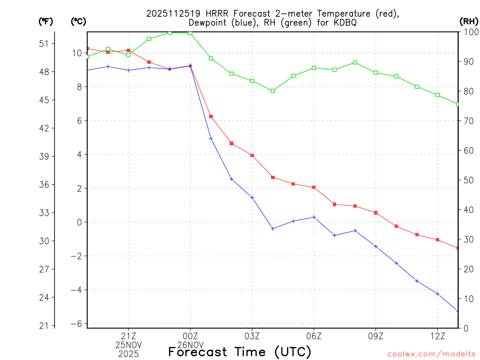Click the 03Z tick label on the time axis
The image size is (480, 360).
coord(252,336)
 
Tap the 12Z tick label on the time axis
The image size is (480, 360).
coord(437,336)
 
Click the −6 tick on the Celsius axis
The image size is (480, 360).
coord(77,324)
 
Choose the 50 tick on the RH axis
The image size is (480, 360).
coord(467,180)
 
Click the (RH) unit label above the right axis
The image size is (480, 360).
coord(469,21)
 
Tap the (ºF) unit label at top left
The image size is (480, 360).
coord(46,21)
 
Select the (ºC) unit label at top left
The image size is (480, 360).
coord(78,21)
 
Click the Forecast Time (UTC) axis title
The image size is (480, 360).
coord(240,352)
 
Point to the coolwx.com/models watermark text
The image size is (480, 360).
coord(431,354)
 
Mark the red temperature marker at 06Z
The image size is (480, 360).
coord(314,187)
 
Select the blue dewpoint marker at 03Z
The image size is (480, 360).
coord(252,197)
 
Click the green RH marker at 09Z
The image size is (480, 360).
coord(375,73)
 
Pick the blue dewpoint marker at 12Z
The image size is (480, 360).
coord(437,294)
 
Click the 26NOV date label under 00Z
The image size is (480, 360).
coord(190,345)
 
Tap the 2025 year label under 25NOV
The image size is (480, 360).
coord(128,353)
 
